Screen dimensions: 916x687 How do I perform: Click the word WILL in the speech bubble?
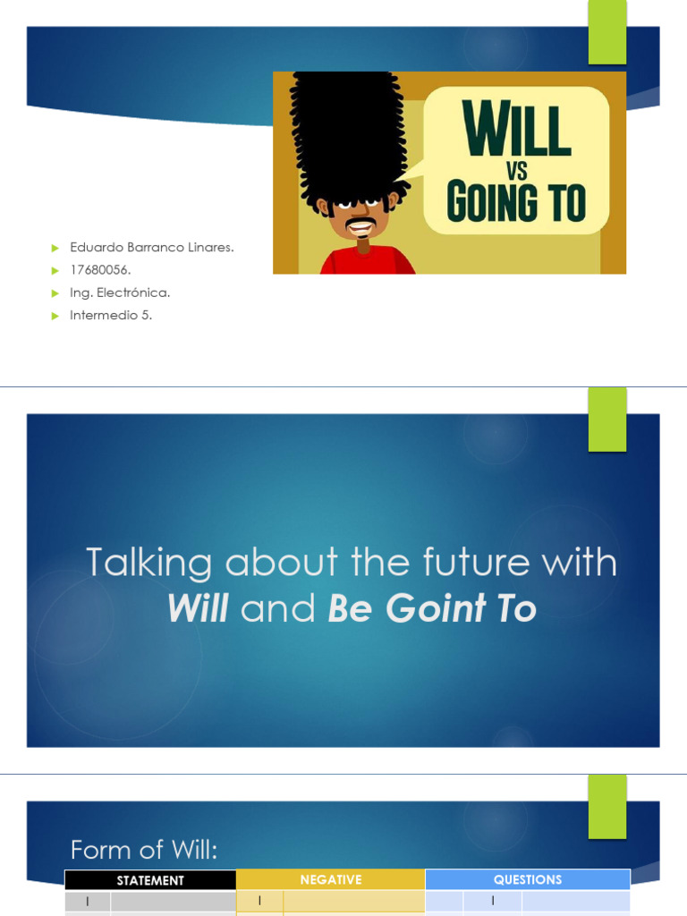tap(516, 132)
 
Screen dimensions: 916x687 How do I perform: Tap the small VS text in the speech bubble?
tap(516, 171)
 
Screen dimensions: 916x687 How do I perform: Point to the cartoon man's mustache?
tap(360, 223)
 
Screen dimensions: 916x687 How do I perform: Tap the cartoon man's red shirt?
tap(367, 262)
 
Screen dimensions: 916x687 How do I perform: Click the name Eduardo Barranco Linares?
tap(152, 247)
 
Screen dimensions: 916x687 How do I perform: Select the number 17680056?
tap(101, 269)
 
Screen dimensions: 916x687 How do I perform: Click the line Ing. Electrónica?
tap(120, 293)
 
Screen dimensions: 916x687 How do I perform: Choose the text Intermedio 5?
tap(111, 315)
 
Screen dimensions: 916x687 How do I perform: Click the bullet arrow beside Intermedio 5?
tap(53, 315)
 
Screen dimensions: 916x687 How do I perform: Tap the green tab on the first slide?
tap(607, 32)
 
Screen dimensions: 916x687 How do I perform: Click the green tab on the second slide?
tap(607, 420)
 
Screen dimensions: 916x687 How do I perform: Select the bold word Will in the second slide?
tap(198, 609)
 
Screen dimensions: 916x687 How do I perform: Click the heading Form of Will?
tap(144, 849)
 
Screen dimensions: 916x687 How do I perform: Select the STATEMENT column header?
tap(150, 880)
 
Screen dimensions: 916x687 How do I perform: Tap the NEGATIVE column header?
tap(330, 880)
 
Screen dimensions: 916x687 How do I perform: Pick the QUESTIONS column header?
tap(528, 880)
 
